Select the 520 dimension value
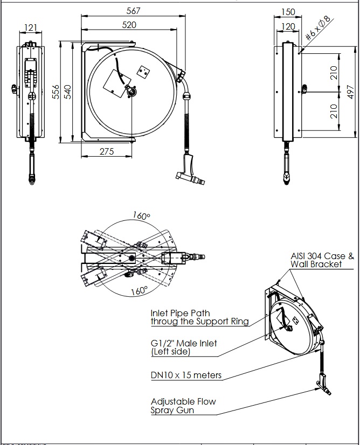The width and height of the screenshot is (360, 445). [129, 24]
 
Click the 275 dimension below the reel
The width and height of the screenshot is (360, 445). [107, 151]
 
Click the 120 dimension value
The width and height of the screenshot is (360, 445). [288, 26]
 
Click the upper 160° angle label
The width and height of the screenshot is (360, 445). [141, 215]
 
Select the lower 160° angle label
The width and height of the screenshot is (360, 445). [139, 291]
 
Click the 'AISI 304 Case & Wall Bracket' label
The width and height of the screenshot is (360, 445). [322, 260]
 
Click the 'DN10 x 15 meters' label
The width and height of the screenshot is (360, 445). [186, 375]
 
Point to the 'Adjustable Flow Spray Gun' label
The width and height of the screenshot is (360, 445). [183, 406]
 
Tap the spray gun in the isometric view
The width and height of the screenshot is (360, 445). [321, 385]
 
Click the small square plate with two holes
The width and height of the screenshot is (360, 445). [143, 72]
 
